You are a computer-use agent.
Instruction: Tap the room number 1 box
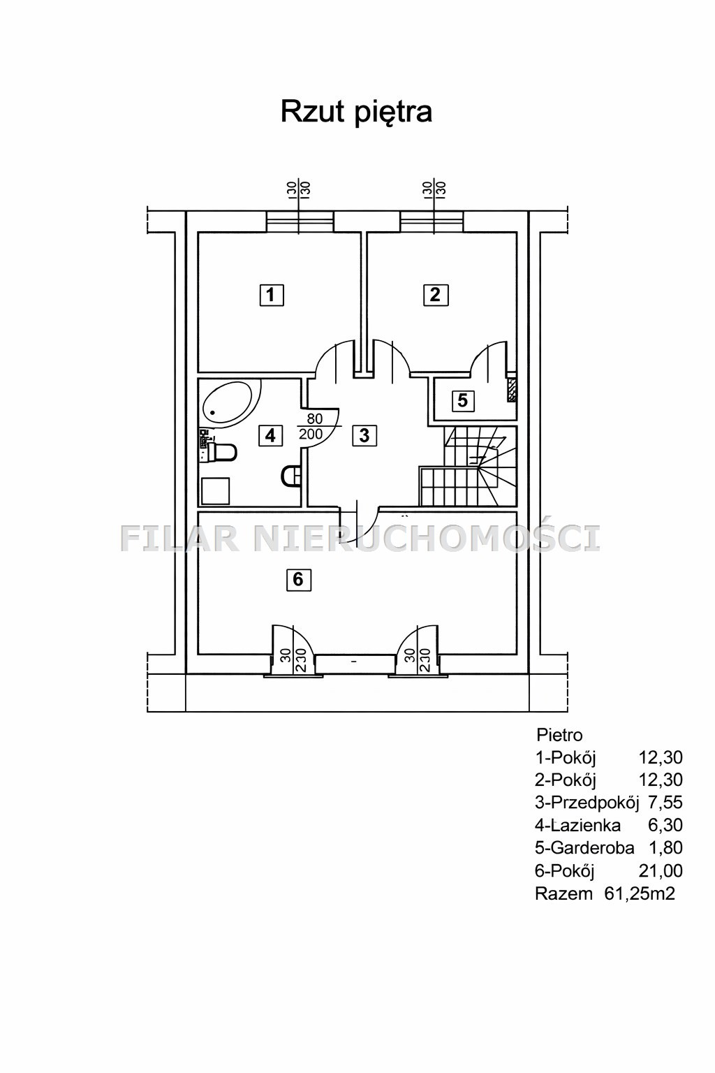pos(272,295)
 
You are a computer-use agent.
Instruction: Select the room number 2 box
pos(435,295)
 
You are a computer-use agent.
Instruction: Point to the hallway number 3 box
pos(364,435)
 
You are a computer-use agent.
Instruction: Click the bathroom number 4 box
pos(271,435)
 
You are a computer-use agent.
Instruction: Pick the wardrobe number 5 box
pos(463,400)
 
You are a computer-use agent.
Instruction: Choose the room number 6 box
pos(298,580)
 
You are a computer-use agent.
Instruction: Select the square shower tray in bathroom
pos(215,491)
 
